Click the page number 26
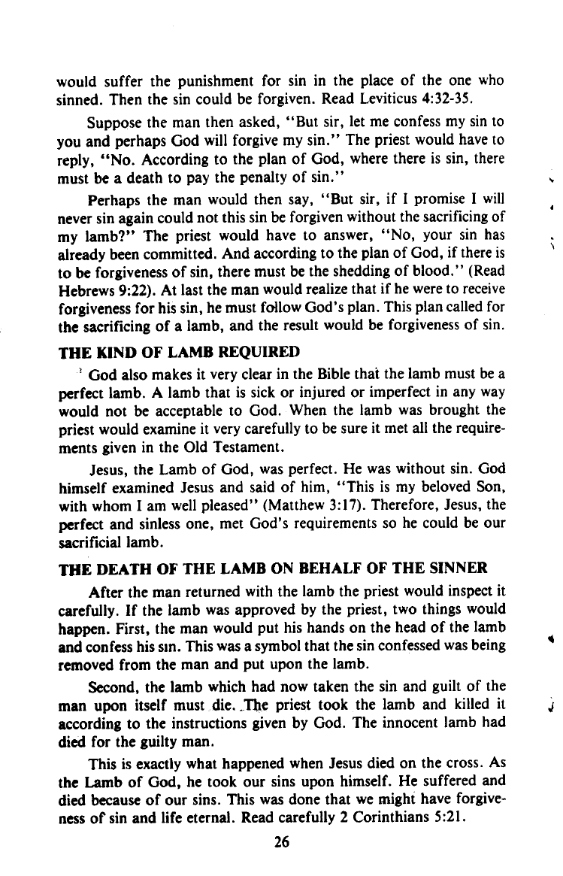coord(282,842)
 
